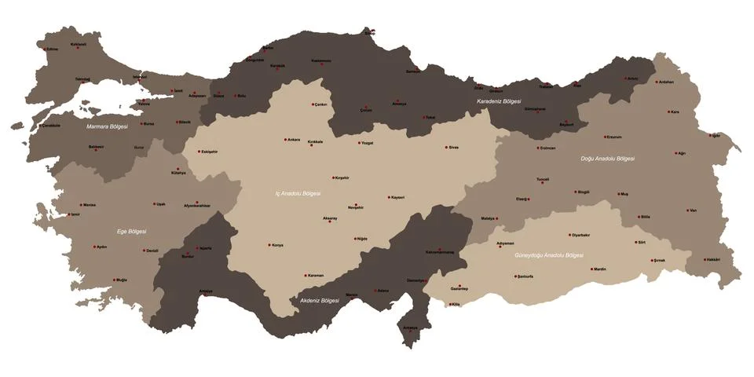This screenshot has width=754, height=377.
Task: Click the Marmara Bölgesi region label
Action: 107,126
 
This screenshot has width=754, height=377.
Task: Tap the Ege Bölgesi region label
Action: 132,231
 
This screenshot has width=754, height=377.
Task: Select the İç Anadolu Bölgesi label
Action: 298,192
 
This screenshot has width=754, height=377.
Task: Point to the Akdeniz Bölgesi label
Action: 319,300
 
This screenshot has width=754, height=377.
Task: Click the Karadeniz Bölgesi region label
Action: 500,101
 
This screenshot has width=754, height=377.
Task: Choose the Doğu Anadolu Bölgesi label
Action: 607,158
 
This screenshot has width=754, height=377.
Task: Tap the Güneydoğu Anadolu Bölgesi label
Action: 549,255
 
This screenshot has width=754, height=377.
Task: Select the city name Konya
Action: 278,245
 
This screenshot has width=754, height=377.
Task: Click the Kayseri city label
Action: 398,198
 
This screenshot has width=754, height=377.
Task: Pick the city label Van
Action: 693,210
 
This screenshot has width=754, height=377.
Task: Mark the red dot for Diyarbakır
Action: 570,234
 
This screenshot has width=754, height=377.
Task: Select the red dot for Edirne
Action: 45,48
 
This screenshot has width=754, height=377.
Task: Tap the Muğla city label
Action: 122,280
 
